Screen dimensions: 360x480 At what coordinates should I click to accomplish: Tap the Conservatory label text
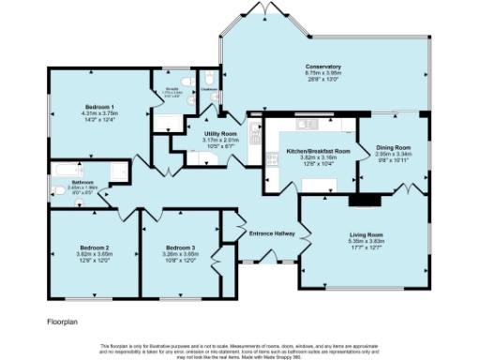pyautogui.click(x=322, y=67)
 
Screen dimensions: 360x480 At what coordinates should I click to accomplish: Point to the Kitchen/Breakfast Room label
pyautogui.click(x=318, y=151)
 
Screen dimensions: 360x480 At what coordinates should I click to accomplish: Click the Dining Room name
pyautogui.click(x=393, y=148)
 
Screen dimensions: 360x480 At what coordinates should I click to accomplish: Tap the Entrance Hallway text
pyautogui.click(x=272, y=233)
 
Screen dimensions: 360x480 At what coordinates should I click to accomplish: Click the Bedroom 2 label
pyautogui.click(x=94, y=248)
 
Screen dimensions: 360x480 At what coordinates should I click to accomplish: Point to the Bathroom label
pyautogui.click(x=82, y=182)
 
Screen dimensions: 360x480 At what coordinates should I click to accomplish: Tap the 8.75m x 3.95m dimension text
pyautogui.click(x=322, y=74)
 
